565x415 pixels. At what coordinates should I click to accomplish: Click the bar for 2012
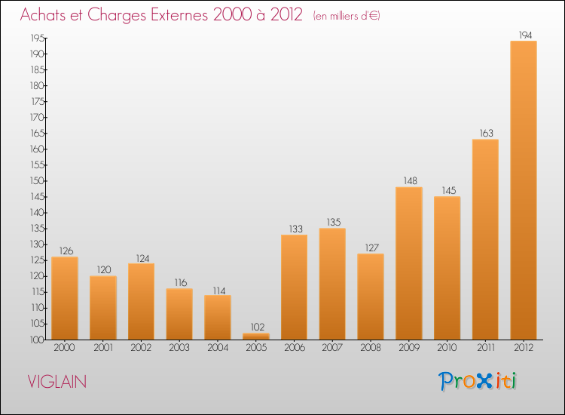[x=524, y=190]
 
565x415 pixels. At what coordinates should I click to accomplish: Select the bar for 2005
[x=256, y=337]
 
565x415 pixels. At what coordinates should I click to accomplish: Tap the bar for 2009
[x=409, y=263]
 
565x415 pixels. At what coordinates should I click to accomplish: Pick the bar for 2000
[x=65, y=298]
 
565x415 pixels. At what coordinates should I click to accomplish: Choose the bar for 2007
[x=332, y=284]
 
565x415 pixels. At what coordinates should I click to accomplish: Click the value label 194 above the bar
[x=524, y=35]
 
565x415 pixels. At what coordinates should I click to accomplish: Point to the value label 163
[x=485, y=133]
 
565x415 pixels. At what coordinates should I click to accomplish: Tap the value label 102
[x=256, y=327]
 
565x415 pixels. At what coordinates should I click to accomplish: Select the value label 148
[x=409, y=180]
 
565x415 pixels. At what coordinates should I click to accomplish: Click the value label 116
[x=179, y=282]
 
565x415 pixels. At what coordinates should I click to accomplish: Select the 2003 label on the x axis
[x=179, y=349]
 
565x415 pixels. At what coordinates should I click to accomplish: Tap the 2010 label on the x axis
[x=447, y=349]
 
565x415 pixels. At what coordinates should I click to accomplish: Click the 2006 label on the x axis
[x=294, y=349]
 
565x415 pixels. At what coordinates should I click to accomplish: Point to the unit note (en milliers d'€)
[x=347, y=17]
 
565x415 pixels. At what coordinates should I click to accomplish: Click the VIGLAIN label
[x=56, y=382]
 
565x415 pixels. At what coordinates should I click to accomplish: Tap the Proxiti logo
[x=478, y=381]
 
